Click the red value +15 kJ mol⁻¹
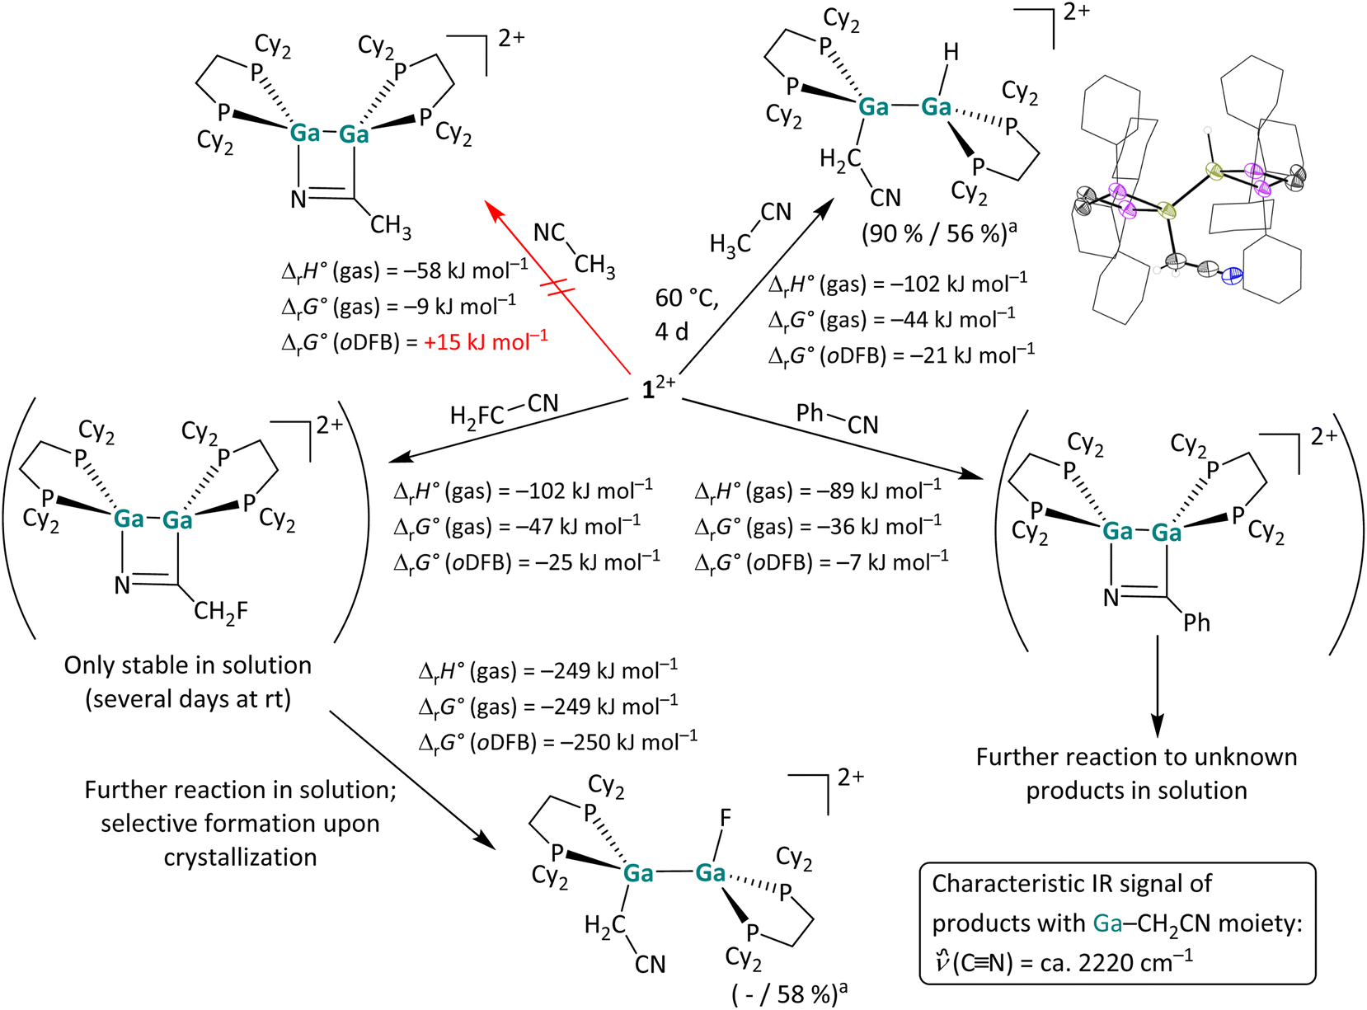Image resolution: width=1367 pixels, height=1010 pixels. [x=486, y=342]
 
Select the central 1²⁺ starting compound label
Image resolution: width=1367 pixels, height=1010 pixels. [x=658, y=388]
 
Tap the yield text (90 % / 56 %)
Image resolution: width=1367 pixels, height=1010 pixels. [x=937, y=234]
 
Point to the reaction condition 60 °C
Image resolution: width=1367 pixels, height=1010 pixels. [x=686, y=298]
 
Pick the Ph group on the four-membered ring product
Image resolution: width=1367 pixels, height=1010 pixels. [x=1196, y=622]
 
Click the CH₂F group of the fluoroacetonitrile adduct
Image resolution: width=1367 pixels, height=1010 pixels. [x=220, y=611]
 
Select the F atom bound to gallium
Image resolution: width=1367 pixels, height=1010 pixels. [x=726, y=818]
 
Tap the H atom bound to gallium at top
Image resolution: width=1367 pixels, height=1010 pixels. [x=951, y=53]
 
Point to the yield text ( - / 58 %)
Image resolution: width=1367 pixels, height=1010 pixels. [x=789, y=994]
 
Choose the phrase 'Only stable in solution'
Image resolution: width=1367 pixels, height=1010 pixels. [x=188, y=665]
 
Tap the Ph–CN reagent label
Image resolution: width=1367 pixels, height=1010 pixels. [x=837, y=418]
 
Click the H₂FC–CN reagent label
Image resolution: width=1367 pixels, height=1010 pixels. [x=504, y=410]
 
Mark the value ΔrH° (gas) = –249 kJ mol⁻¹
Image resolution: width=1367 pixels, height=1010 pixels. [x=548, y=671]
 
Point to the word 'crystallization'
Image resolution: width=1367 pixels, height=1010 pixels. [x=240, y=857]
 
